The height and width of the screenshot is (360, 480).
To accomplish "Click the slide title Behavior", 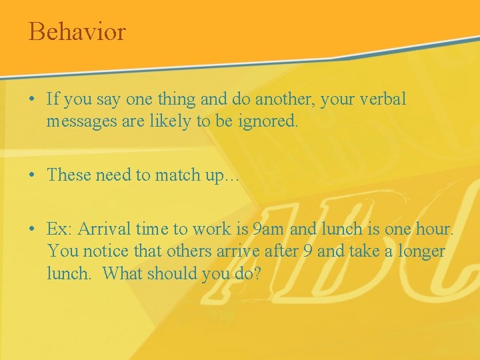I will pyautogui.click(x=77, y=31).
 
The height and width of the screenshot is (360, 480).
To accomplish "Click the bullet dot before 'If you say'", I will pyautogui.click(x=32, y=100).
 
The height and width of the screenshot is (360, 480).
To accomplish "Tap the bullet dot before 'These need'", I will pyautogui.click(x=32, y=175).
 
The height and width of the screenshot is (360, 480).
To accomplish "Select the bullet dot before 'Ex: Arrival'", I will pyautogui.click(x=32, y=229).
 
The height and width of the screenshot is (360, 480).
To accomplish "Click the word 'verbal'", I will pyautogui.click(x=381, y=99).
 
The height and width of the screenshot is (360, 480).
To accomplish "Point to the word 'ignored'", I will pyautogui.click(x=273, y=122).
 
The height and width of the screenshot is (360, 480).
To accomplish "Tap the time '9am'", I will pyautogui.click(x=269, y=230).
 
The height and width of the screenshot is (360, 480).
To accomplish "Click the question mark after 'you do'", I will pyautogui.click(x=256, y=273).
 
